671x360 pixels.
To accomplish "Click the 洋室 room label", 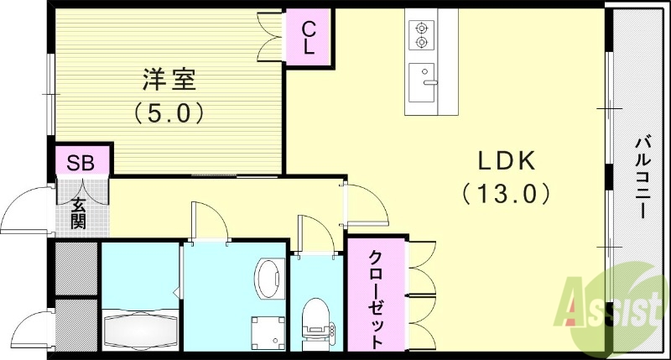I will (168, 81).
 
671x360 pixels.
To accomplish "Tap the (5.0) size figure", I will (168, 112).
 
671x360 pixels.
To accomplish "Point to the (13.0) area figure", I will (506, 194).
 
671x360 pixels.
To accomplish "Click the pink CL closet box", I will (309, 38).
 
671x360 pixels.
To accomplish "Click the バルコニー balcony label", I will (640, 177).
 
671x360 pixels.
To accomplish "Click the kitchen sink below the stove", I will (421, 81).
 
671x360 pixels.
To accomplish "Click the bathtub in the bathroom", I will (140, 330).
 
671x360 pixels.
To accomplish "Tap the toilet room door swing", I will (311, 235).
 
